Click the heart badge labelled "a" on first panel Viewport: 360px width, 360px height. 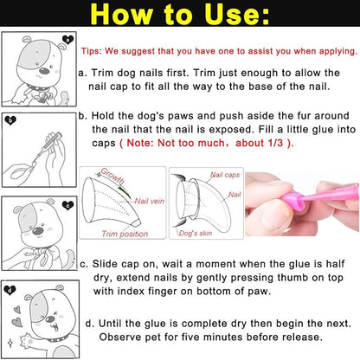point(67,39)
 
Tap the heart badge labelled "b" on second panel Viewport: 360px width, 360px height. point(11,121)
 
